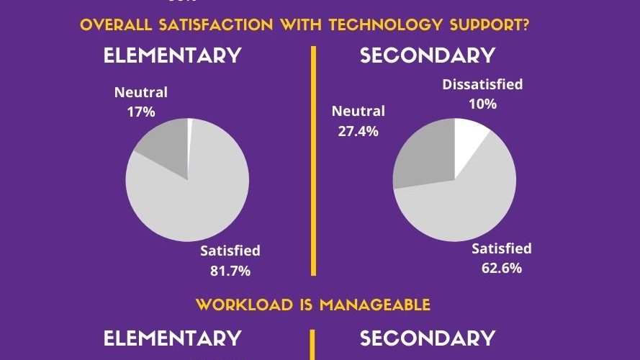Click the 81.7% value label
[230, 271]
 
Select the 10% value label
[482, 104]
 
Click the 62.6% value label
[501, 269]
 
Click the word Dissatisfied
[482, 85]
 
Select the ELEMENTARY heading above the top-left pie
[172, 55]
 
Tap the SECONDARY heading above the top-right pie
[428, 55]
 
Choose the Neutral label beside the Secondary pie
[359, 112]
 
